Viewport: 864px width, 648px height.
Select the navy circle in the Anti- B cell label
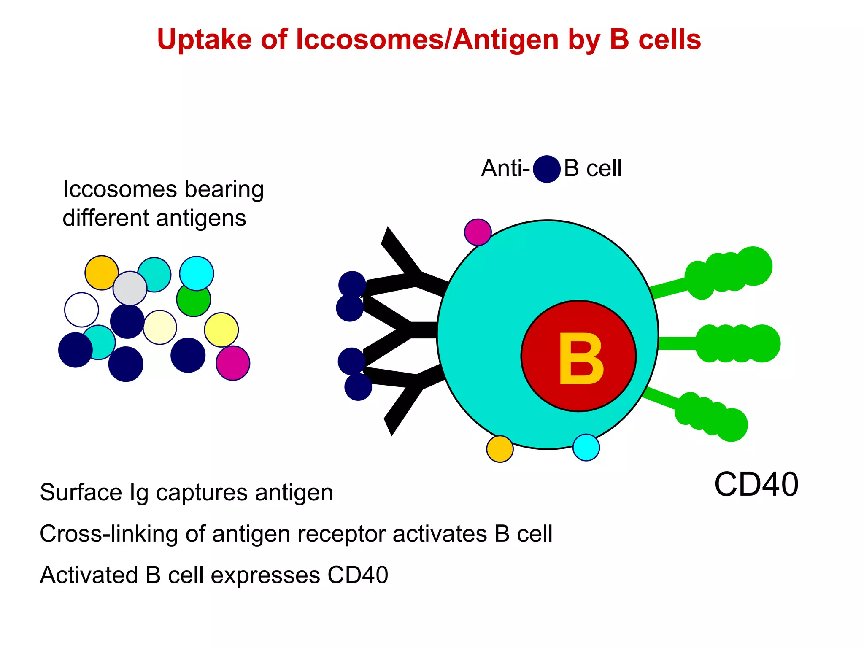547,169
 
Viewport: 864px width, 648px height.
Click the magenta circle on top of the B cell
478,232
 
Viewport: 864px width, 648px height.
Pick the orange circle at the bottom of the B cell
500,449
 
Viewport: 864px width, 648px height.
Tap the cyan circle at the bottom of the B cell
586,447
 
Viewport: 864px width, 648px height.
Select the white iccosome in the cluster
81,310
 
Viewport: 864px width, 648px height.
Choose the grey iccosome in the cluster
130,288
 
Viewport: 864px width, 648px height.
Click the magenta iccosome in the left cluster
233,363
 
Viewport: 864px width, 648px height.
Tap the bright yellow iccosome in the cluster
221,329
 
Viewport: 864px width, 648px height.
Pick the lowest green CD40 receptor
713,416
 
